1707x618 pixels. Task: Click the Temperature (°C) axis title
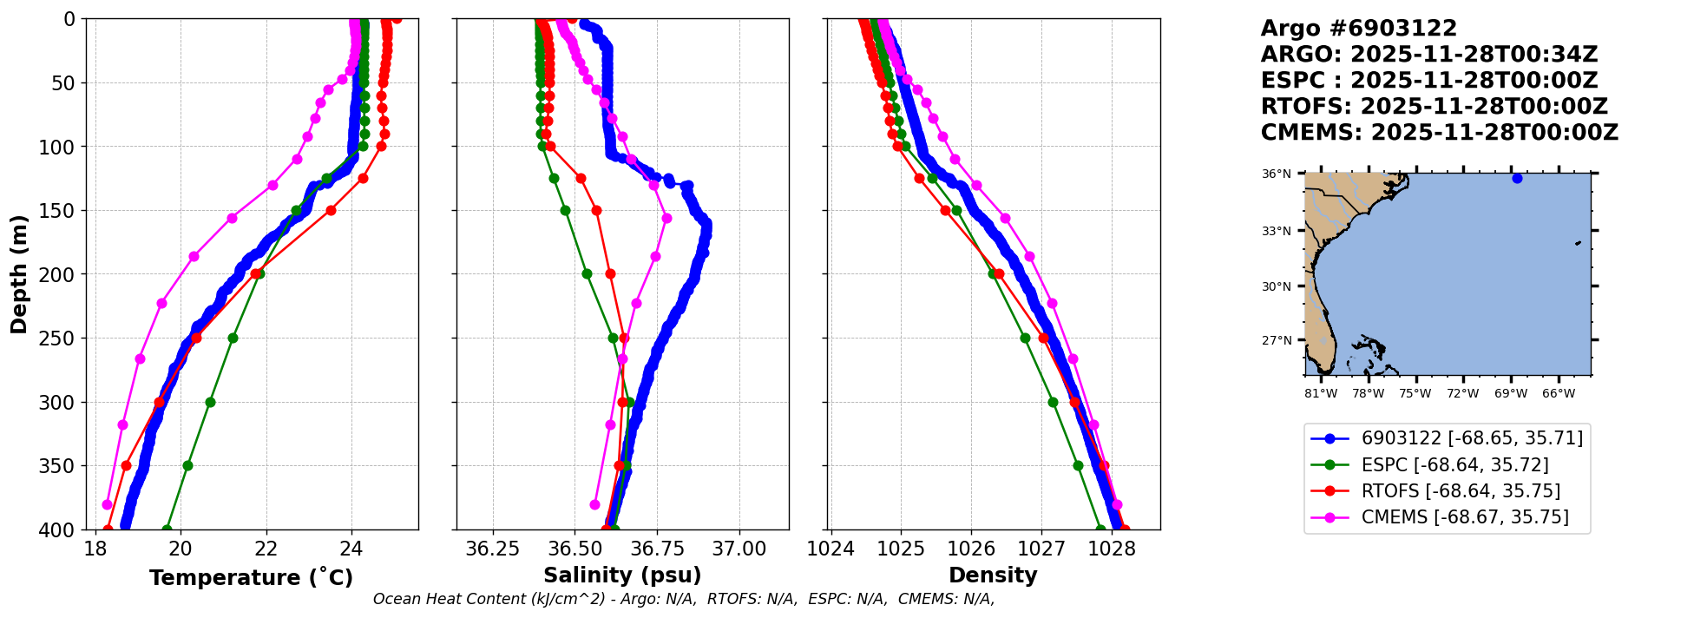tap(251, 578)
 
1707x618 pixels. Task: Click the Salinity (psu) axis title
tap(622, 575)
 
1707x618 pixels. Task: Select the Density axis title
tap(993, 575)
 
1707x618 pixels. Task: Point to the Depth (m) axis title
tap(19, 273)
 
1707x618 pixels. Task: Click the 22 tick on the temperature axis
tap(266, 549)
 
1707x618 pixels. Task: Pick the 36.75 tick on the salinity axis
tap(657, 549)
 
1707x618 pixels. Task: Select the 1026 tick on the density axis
tap(971, 549)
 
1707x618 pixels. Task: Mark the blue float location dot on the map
tap(1517, 178)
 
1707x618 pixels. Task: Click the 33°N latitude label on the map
tap(1276, 232)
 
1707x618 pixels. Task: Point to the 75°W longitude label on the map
tap(1415, 394)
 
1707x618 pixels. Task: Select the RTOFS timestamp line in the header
tap(1434, 107)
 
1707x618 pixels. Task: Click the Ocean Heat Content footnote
tap(684, 599)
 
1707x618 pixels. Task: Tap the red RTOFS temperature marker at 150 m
tap(331, 210)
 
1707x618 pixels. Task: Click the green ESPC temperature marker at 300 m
tap(210, 402)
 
